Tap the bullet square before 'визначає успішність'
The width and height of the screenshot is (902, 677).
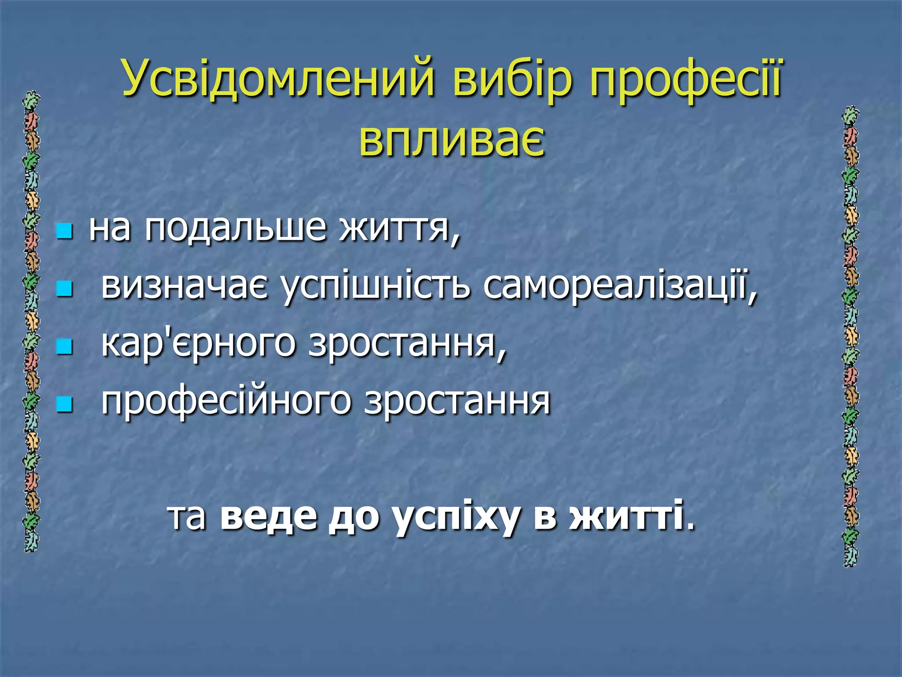coord(64,289)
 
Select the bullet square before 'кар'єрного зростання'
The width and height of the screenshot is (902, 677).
coord(64,346)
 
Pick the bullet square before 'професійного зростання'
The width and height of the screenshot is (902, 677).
coord(64,404)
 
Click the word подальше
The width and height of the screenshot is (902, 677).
coord(236,229)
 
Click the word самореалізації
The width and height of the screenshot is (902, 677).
coord(619,286)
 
